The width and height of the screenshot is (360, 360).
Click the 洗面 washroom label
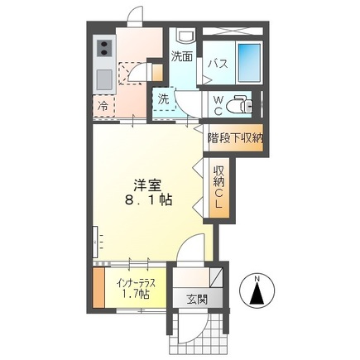[x=182, y=57]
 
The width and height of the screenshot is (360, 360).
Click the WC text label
[x=217, y=103]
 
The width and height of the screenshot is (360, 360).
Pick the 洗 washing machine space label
[x=164, y=98]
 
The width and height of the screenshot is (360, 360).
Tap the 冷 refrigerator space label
[x=103, y=105]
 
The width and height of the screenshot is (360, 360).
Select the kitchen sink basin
[x=104, y=80]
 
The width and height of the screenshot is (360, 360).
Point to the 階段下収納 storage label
[x=234, y=139]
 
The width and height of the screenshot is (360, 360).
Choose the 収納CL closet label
[x=219, y=185]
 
